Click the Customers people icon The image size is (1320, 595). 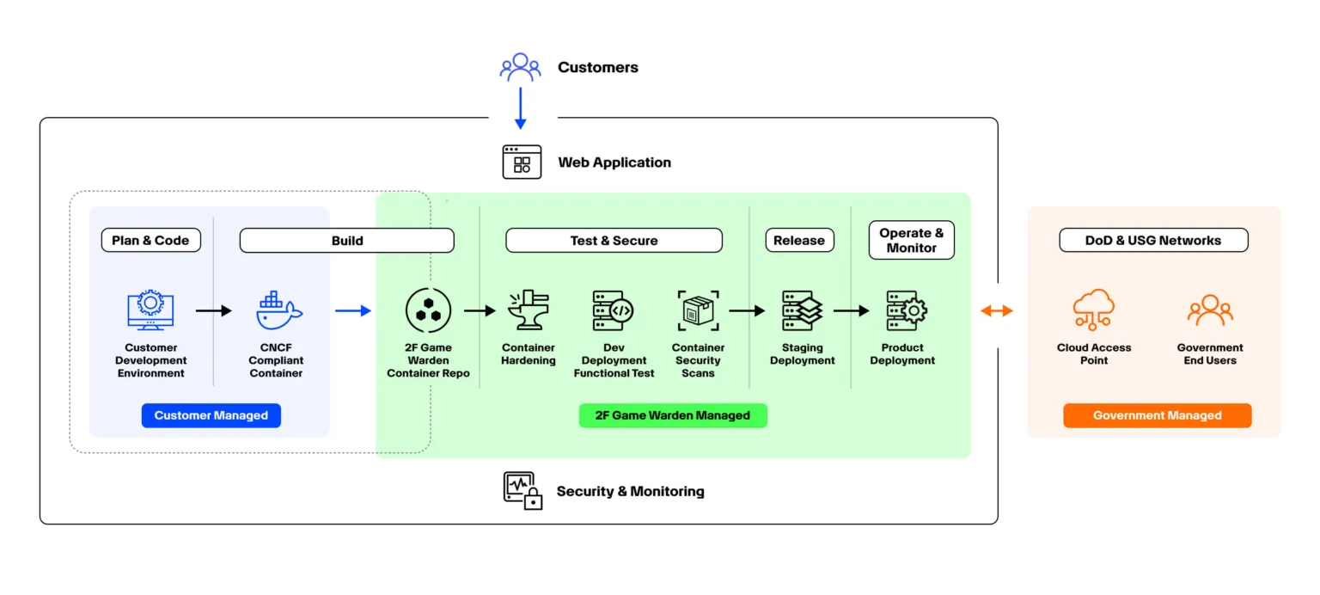(x=520, y=67)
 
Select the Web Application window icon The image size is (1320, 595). (x=522, y=162)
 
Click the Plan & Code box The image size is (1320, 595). (x=150, y=241)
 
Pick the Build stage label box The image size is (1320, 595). (x=346, y=241)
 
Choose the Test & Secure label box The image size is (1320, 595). (x=614, y=241)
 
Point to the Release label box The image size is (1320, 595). (x=799, y=241)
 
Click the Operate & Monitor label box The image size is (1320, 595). (x=911, y=241)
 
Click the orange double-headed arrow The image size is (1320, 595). (x=997, y=311)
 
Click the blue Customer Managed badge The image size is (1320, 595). (x=211, y=416)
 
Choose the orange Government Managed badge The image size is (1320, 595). (x=1157, y=416)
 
